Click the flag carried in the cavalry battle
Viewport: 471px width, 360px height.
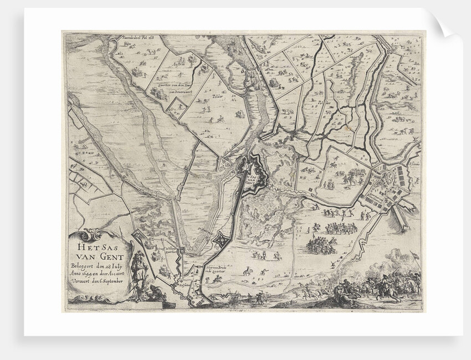(x=411, y=255)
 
